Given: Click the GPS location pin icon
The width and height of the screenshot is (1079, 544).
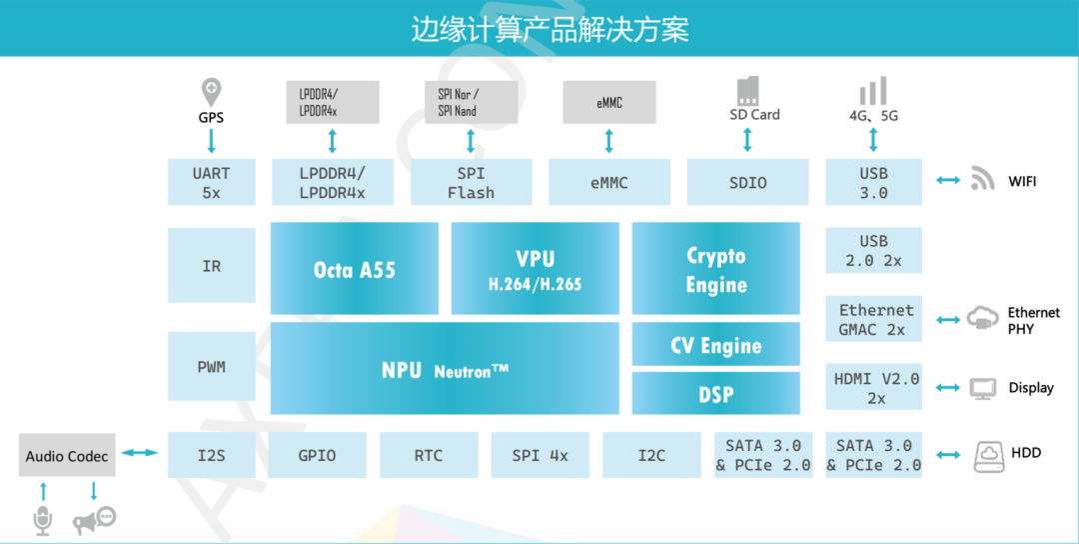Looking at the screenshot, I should pos(211,92).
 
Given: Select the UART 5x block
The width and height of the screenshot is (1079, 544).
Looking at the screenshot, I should pos(211,182).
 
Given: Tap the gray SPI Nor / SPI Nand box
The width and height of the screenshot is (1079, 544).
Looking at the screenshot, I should pos(471,102).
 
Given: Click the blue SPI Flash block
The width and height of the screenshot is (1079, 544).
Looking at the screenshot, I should pos(471,182).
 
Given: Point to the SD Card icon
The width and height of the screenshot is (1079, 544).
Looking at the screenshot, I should pos(747,91).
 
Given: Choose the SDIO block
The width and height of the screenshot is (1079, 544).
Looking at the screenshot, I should pos(747,182).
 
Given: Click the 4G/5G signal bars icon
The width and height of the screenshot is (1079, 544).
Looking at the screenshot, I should pos(873,91).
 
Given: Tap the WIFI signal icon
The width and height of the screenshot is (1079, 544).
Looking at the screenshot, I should pos(983,180).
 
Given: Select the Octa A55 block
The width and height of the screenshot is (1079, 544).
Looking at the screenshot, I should pos(354,269).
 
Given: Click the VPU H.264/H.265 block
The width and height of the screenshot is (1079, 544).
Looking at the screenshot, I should pos(535,269).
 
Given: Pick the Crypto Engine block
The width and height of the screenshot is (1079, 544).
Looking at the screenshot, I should pos(715,269).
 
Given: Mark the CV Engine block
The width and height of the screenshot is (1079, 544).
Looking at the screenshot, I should pos(715,345).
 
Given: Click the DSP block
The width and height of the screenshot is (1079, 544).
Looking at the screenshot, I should pos(715,394).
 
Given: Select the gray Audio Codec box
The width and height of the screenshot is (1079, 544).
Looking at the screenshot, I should pos(67,456).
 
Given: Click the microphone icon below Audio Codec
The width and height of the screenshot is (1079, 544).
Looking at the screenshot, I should pos(43,521).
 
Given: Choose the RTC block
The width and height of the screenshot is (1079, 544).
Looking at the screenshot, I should pos(428,455).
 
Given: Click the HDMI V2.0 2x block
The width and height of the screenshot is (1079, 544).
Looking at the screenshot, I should pos(875,388).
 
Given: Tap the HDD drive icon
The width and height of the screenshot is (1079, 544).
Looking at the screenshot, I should pos(989,456).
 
